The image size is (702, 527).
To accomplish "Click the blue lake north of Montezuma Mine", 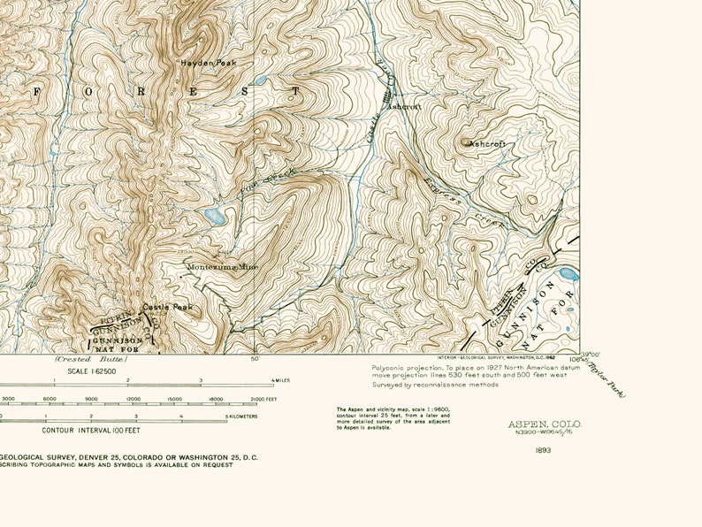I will pos(214,217).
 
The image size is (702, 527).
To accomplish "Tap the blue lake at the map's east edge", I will pos(569,275).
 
